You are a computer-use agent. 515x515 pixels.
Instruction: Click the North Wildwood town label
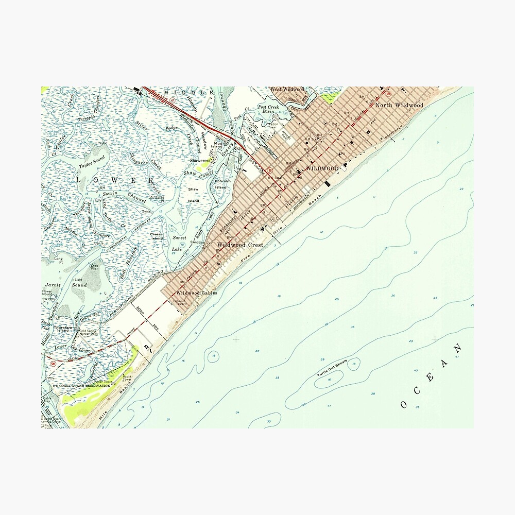399,105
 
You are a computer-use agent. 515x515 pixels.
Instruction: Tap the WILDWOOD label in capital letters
322,168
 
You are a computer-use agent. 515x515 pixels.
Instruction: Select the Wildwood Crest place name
240,245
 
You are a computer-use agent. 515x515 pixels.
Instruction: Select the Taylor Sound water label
92,162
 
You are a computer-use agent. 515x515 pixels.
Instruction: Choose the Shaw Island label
193,195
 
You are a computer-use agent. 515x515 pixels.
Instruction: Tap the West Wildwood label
287,89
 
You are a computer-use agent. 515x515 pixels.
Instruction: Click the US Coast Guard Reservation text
81,385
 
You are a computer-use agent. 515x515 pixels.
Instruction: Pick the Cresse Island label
157,236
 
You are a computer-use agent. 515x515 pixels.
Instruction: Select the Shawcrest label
200,161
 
